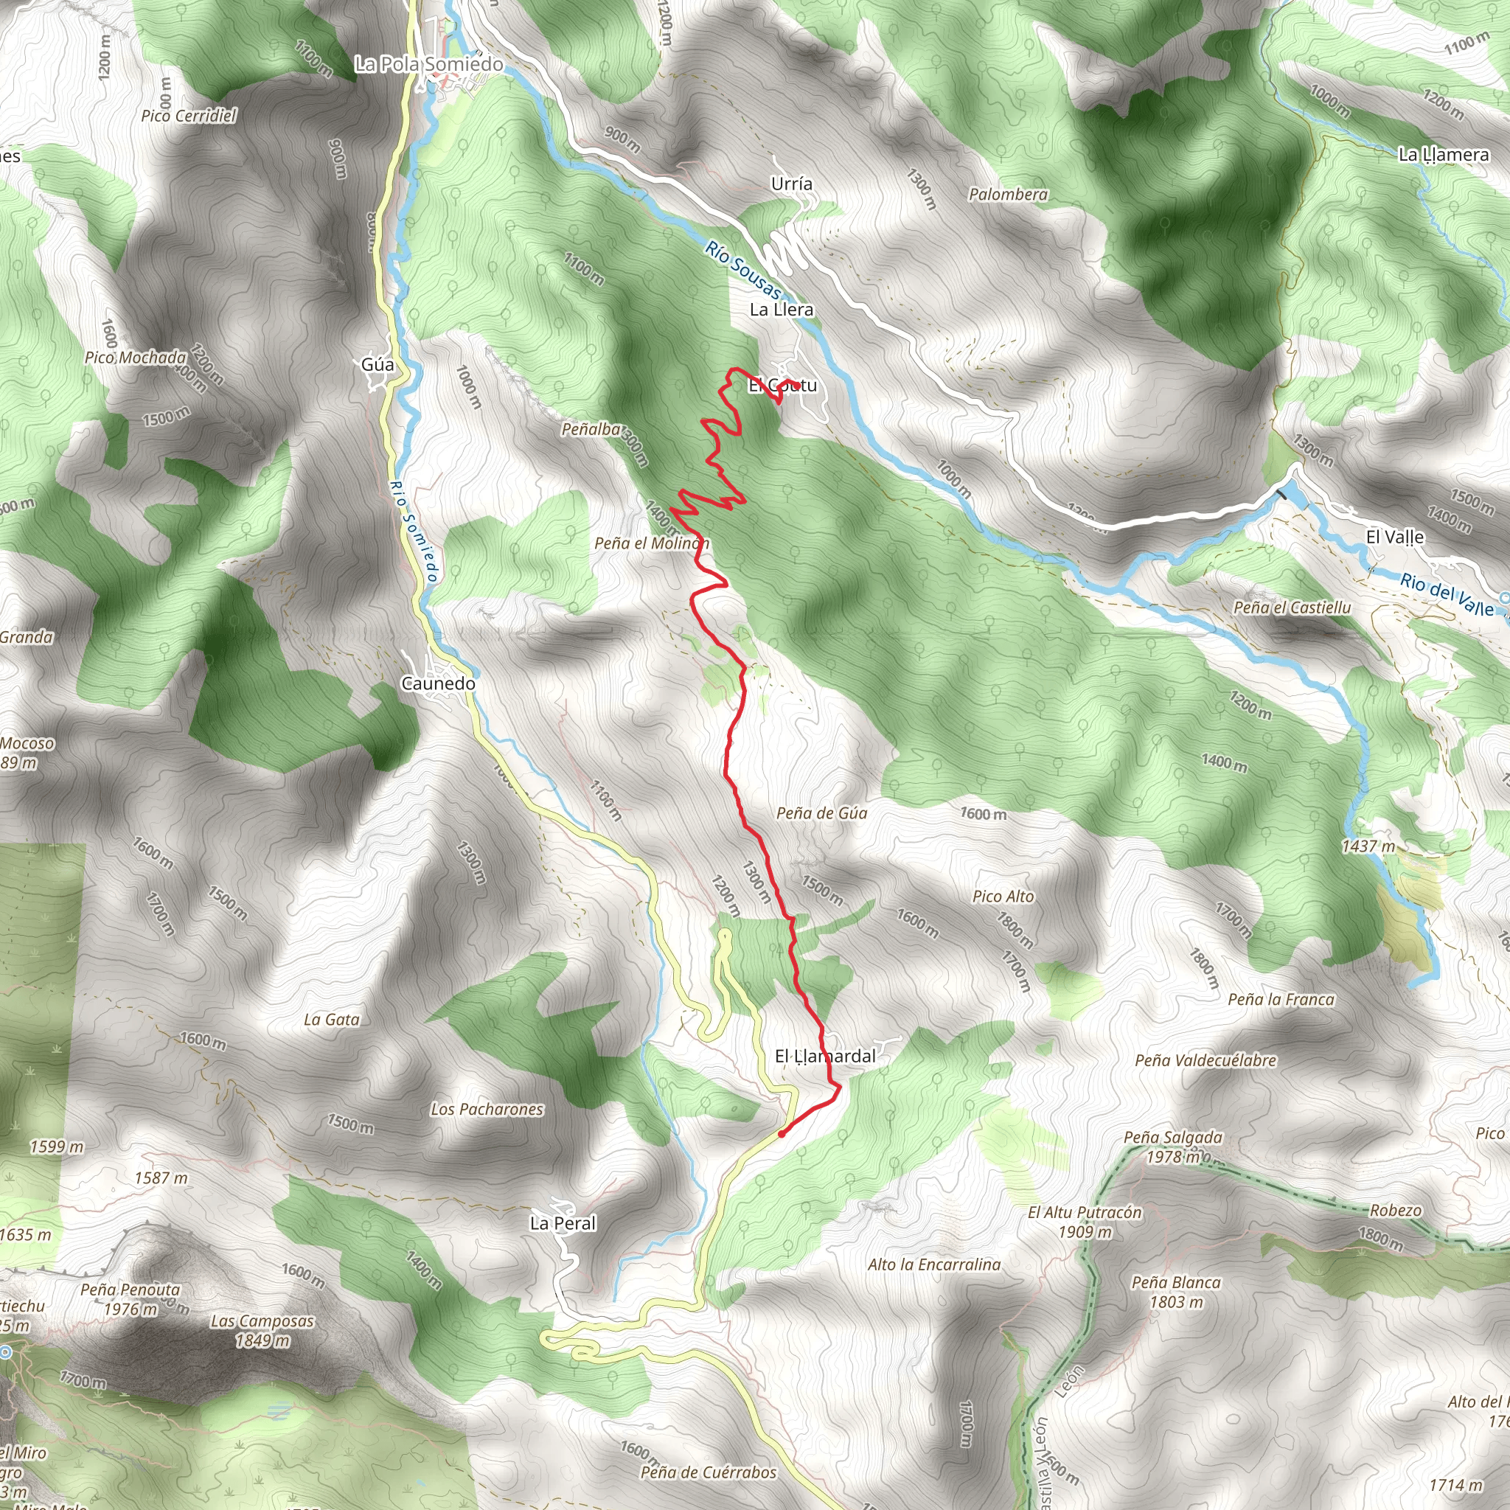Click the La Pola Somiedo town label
pyautogui.click(x=428, y=64)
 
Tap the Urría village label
pyautogui.click(x=791, y=184)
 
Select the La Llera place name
pyautogui.click(x=781, y=310)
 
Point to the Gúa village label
pyautogui.click(x=377, y=364)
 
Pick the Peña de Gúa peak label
pyautogui.click(x=821, y=813)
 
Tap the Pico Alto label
pyautogui.click(x=1003, y=897)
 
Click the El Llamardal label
pyautogui.click(x=824, y=1056)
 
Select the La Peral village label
pyautogui.click(x=563, y=1223)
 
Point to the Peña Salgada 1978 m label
pyautogui.click(x=1173, y=1147)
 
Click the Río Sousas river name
pyautogui.click(x=742, y=270)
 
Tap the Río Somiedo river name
pyautogui.click(x=413, y=531)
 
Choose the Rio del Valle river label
pyautogui.click(x=1446, y=595)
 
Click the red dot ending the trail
pyautogui.click(x=782, y=1134)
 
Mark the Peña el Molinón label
pyautogui.click(x=652, y=543)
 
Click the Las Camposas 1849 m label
pyautogui.click(x=262, y=1330)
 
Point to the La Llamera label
pyautogui.click(x=1443, y=155)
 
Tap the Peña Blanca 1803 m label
pyautogui.click(x=1175, y=1291)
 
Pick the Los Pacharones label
pyautogui.click(x=487, y=1109)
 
